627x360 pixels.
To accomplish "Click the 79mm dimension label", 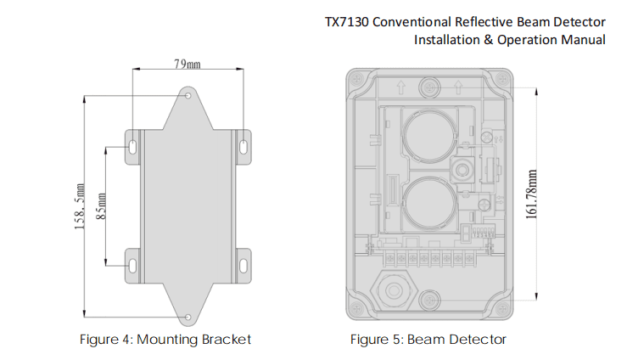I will coord(187,64).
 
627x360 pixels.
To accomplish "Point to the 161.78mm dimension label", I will coord(531,193).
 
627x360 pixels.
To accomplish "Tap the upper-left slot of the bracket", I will coord(133,144).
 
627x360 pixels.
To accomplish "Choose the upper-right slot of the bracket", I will coord(244,144).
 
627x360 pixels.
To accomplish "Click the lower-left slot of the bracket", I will coord(133,264).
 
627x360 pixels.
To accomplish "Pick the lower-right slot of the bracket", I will coord(244,264).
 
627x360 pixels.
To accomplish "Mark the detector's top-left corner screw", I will coord(357,82).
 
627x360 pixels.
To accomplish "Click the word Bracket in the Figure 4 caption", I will coord(227,340).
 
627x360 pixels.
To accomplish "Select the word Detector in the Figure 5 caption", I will coord(480,340).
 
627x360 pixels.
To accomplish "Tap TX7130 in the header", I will coord(348,21).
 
